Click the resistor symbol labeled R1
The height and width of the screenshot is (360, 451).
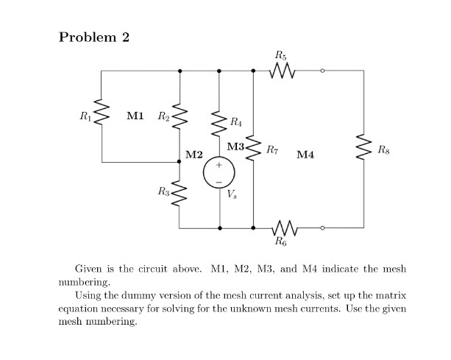coord(102,116)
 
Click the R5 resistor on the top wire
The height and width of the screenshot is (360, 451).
coord(283,71)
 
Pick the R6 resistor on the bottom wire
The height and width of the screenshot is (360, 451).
coord(283,228)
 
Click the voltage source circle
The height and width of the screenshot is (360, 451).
coord(219,172)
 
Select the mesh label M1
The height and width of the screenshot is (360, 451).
coord(135,115)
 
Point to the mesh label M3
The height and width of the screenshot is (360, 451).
coord(236,147)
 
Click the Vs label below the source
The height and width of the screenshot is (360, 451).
coord(233,195)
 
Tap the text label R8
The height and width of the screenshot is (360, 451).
coord(383,149)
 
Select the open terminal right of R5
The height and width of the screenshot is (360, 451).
coord(322,71)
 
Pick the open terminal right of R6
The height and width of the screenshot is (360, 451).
coord(322,228)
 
